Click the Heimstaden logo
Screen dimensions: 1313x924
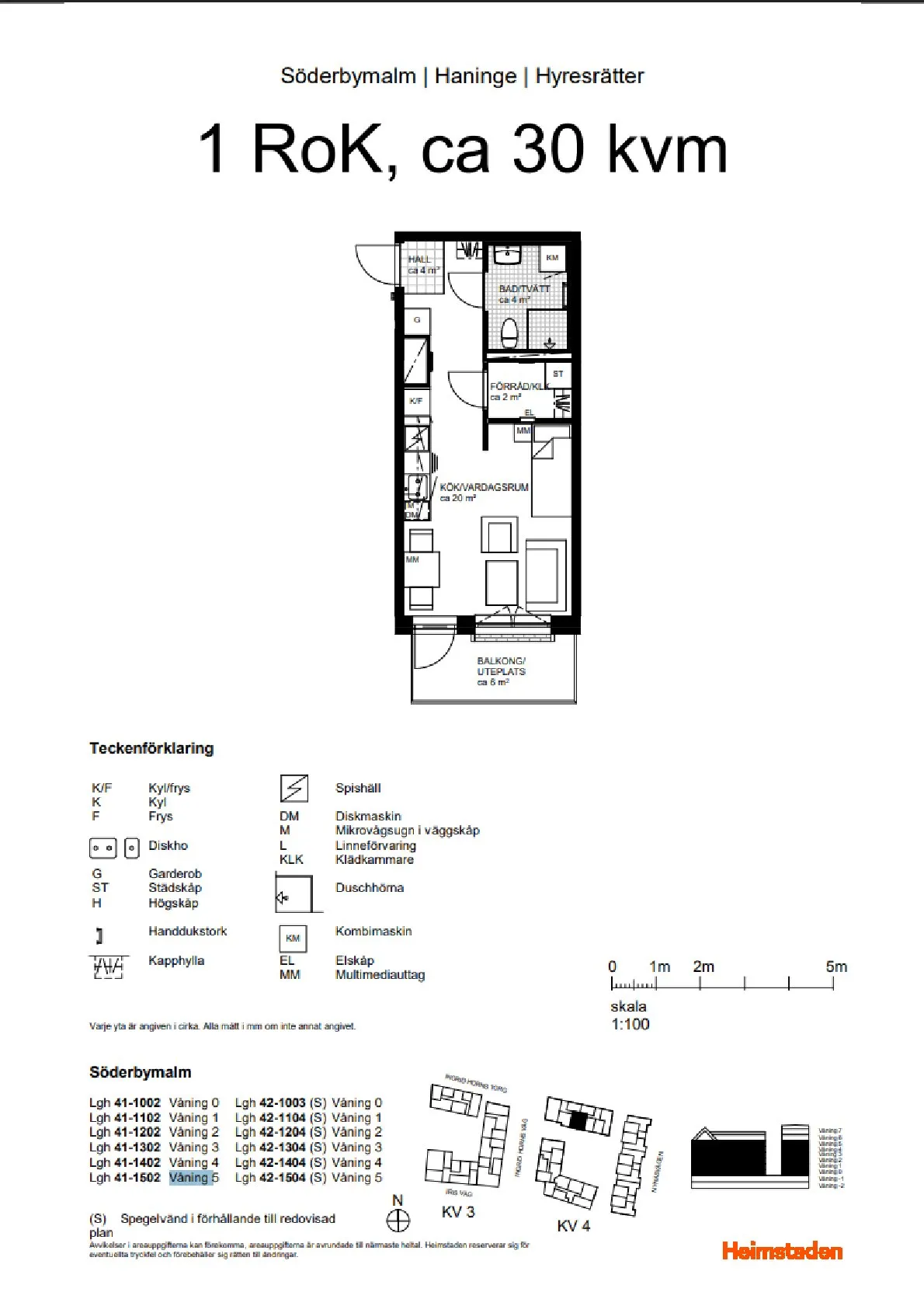click(782, 1251)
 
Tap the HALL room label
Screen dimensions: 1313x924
click(420, 259)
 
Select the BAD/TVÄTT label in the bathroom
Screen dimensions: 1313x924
click(524, 289)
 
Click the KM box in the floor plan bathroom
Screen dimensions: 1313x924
click(552, 258)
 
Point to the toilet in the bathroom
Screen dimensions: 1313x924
click(509, 332)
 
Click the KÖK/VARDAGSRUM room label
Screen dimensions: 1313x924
click(484, 487)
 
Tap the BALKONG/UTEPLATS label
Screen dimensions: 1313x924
click(501, 667)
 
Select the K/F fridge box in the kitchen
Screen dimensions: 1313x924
click(416, 401)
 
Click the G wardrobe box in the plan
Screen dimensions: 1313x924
click(417, 320)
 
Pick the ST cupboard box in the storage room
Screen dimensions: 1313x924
click(558, 374)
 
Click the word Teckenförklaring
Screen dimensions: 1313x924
click(151, 748)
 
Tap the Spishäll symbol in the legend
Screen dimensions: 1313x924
click(294, 788)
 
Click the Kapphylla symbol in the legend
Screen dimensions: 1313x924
click(108, 966)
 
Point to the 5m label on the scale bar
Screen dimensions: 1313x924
click(836, 966)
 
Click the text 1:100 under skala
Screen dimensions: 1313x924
click(630, 1024)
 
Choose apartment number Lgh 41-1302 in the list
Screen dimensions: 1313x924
click(124, 1147)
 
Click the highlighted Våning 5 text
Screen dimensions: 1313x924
click(193, 1177)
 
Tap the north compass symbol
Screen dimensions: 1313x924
click(398, 1221)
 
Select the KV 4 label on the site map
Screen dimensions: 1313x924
click(573, 1226)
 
